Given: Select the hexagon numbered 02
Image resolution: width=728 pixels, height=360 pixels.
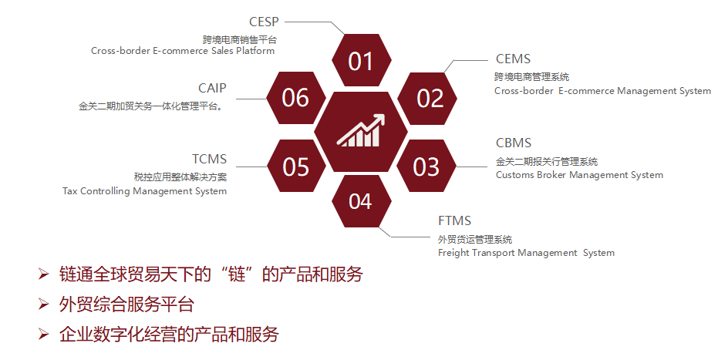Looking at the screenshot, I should [430, 98].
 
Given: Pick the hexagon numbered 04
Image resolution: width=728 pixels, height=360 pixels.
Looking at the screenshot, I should [360, 202].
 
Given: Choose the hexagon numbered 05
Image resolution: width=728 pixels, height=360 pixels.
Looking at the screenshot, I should [295, 167].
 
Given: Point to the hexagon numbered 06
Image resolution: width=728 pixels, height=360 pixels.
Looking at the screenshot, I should [295, 98].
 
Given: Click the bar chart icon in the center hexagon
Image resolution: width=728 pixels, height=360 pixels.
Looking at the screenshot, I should [361, 131].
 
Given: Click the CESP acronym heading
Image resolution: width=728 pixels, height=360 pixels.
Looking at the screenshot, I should [264, 22].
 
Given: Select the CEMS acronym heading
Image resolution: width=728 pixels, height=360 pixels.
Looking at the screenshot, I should [513, 59].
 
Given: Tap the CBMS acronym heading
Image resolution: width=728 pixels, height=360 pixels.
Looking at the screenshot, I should [514, 143].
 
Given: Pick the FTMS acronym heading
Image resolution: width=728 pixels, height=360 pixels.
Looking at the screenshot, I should [454, 221].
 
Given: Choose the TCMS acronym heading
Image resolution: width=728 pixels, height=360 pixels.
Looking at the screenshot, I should [209, 160].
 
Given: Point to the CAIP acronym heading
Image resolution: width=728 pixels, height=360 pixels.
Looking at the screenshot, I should [212, 88].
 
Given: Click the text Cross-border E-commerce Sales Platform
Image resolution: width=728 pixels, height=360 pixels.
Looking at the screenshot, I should [183, 51].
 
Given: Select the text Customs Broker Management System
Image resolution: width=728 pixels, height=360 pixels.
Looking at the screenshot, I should [579, 175].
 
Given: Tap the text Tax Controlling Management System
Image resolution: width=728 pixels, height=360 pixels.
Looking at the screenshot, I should [144, 190].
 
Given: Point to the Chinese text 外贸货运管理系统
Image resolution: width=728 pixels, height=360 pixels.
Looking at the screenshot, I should [475, 239].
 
